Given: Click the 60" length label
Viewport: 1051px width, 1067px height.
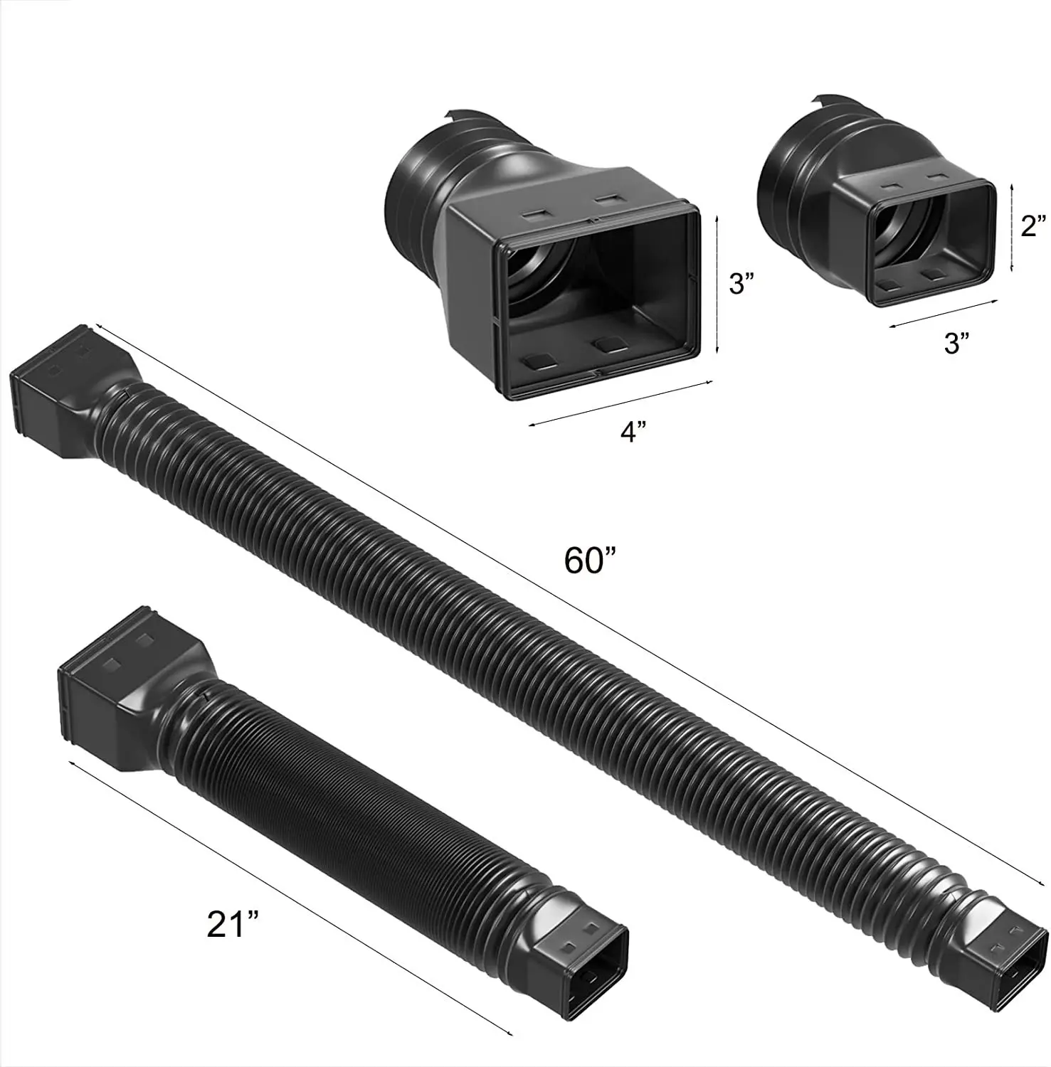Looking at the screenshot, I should pyautogui.click(x=589, y=561).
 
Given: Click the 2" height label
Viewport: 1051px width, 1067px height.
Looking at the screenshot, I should pyautogui.click(x=1032, y=226).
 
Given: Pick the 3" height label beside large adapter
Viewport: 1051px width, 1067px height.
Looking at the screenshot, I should pyautogui.click(x=741, y=285).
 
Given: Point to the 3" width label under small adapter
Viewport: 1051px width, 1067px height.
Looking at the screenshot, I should pyautogui.click(x=956, y=343).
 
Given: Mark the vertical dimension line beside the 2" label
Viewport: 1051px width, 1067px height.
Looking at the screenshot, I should pyautogui.click(x=1013, y=226).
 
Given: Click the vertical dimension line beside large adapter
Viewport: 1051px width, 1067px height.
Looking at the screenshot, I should pyautogui.click(x=717, y=285).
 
